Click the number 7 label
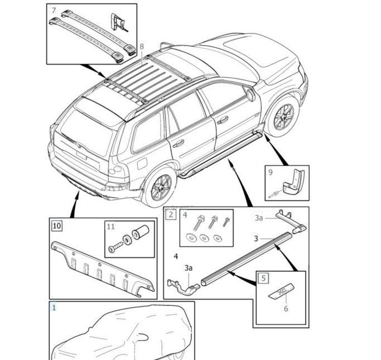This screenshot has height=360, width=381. click(54, 11)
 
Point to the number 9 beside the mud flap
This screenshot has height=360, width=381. click(271, 172)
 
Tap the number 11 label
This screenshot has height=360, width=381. click(111, 227)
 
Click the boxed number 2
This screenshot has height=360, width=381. click(171, 214)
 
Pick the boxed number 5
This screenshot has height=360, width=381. click(263, 277)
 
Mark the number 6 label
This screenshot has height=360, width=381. click(286, 308)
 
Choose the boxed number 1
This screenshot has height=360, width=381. click(54, 308)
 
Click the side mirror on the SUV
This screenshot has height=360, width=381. click(250, 94)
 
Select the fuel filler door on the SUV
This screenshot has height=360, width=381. click(141, 162)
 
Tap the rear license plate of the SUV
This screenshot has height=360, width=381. click(81, 155)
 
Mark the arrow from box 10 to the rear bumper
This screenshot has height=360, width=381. click(74, 204)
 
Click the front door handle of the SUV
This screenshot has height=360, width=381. click(223, 119)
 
